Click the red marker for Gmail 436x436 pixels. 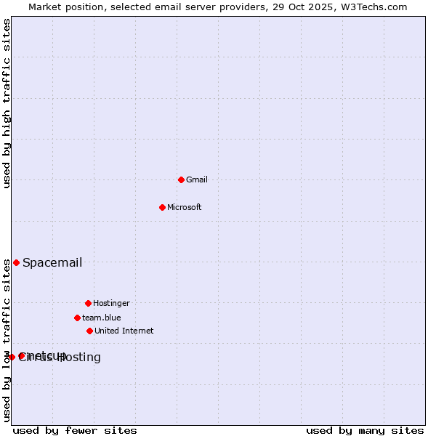181,179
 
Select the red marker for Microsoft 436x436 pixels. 162,207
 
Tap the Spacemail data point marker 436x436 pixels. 16,262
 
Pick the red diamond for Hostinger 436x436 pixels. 88,303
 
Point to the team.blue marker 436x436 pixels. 77,318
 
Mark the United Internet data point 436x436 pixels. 89,331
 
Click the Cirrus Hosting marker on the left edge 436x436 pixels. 12,357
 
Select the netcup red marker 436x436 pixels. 22,355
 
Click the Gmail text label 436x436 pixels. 197,179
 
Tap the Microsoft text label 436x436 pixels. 185,207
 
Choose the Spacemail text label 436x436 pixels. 52,262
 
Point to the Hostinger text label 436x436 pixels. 111,303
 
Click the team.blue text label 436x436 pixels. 102,318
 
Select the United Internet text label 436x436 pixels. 124,331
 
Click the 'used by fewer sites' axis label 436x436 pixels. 75,430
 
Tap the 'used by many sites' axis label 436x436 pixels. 365,430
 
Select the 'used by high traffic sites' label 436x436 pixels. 7,103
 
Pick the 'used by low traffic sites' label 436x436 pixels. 7,340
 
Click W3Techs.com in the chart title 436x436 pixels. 376,7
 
